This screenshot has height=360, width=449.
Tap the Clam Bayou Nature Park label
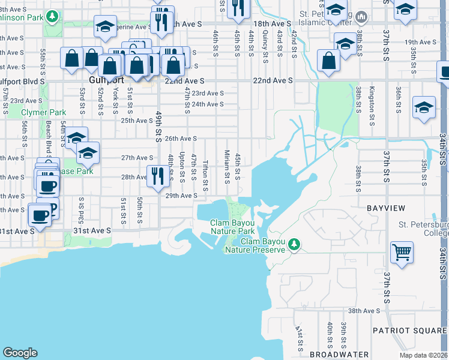(x=232, y=227)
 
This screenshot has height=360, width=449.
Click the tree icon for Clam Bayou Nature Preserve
(x=294, y=244)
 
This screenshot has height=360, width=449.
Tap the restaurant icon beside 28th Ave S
(x=157, y=176)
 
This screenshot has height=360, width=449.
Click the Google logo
(x=20, y=353)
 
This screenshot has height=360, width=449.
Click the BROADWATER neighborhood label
(x=339, y=355)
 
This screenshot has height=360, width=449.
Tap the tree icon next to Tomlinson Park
(x=53, y=16)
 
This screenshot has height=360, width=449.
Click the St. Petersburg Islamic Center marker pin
(x=361, y=16)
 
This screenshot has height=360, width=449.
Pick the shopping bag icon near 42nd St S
(x=328, y=61)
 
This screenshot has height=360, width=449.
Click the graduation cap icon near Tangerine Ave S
(x=106, y=27)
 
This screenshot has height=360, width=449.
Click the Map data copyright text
(x=424, y=355)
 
